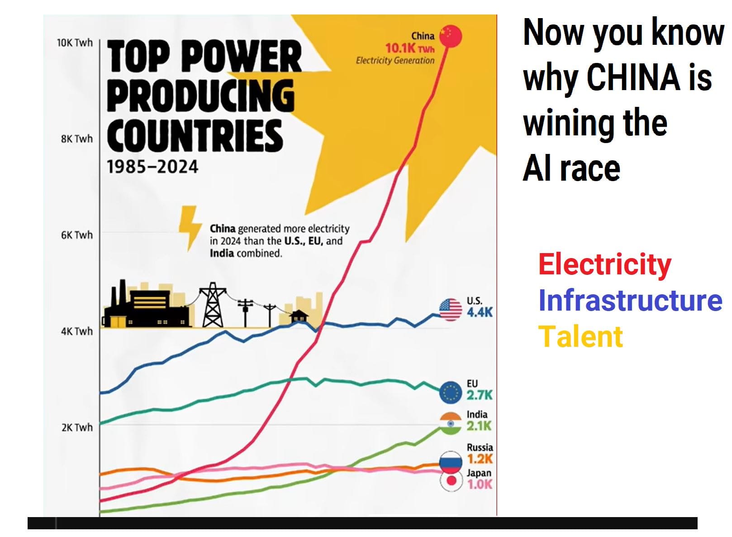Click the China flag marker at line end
451,36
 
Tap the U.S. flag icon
451,310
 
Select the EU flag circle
451,392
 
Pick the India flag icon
451,424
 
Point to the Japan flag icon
451,481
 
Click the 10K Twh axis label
75,43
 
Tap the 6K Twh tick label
77,235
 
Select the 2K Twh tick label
77,427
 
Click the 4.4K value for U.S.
480,312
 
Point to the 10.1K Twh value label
409,48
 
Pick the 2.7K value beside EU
480,395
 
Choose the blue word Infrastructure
630,300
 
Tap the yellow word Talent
580,336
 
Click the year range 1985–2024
152,167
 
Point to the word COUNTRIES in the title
195,135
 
